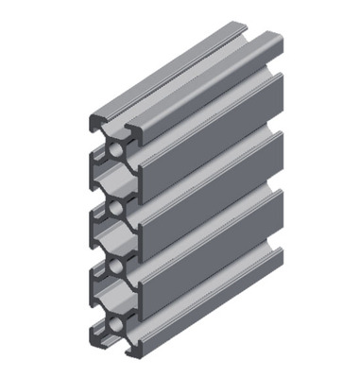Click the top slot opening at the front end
tap(112, 120)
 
